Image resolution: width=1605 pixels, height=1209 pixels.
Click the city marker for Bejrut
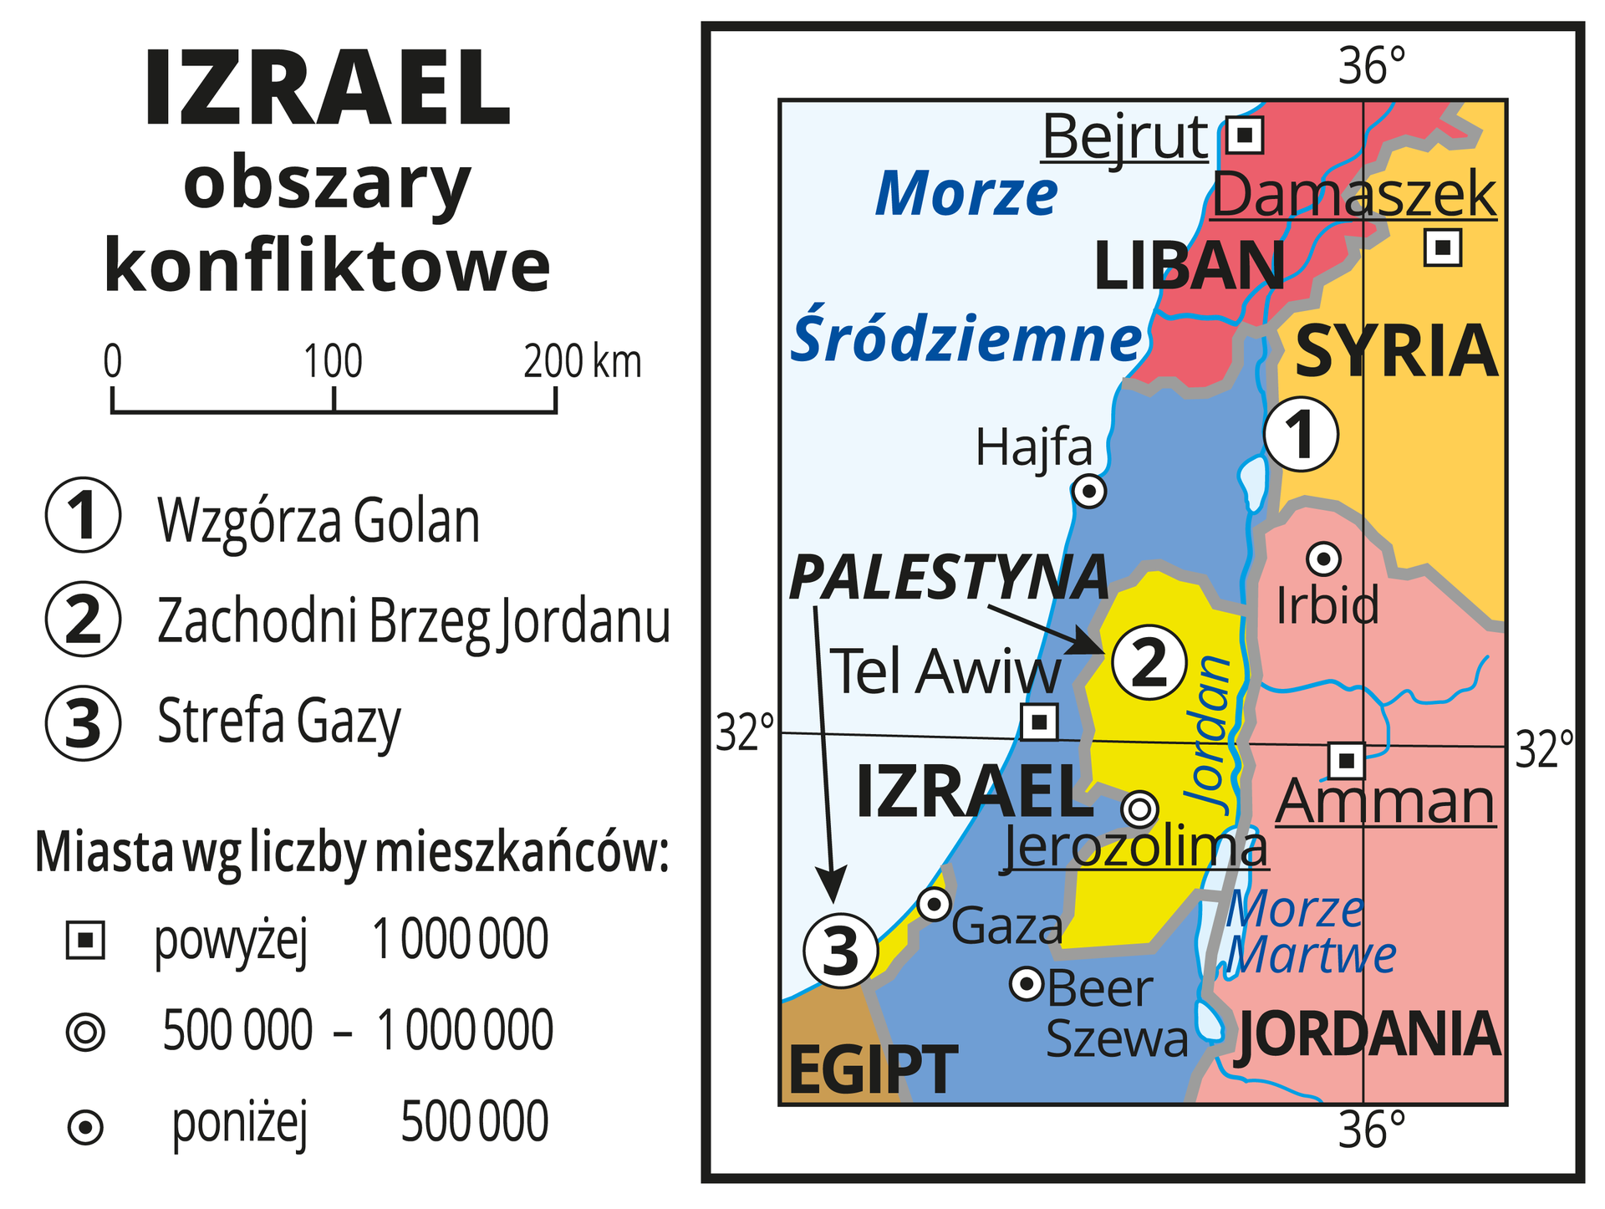(x=1245, y=135)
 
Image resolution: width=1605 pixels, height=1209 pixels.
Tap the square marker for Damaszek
(x=1443, y=247)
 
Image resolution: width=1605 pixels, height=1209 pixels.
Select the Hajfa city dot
(x=1089, y=491)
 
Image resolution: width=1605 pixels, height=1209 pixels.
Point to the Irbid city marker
(x=1324, y=558)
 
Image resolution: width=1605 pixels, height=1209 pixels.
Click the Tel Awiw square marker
(x=1040, y=721)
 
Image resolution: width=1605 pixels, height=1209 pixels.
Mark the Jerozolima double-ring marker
(x=1140, y=809)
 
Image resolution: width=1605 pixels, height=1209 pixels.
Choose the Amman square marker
(x=1347, y=760)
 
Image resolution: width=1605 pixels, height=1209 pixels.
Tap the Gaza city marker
(x=935, y=904)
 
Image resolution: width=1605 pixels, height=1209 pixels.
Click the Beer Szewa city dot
(x=1027, y=984)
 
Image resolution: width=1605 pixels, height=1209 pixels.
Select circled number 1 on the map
(x=1301, y=435)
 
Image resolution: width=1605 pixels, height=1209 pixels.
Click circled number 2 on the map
(x=1149, y=662)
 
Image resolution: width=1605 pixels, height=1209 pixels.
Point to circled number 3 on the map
(x=841, y=951)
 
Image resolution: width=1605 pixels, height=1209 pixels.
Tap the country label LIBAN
(x=1189, y=266)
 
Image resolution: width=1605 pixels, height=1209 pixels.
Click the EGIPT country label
(x=873, y=1069)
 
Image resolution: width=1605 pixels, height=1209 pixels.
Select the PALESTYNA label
(x=949, y=578)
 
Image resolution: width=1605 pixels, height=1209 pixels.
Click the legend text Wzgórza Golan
(x=318, y=522)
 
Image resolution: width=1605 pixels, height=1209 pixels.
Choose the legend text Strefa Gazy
(x=279, y=722)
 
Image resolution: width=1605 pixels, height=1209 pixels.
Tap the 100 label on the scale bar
(x=333, y=362)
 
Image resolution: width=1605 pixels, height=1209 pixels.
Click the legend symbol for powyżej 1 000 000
(x=85, y=941)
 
